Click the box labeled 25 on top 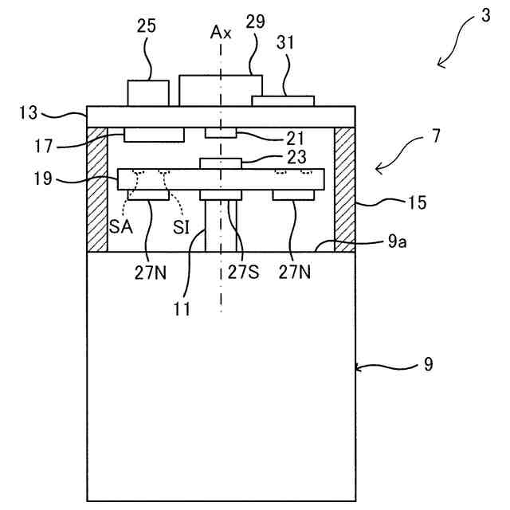click(147, 92)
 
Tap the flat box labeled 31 click(283, 100)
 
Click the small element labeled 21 click(222, 131)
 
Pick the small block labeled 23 click(220, 163)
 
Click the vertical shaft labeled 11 click(216, 227)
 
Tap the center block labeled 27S click(221, 195)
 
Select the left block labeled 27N click(147, 195)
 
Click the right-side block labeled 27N click(293, 195)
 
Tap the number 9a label click(397, 243)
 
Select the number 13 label click(28, 113)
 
